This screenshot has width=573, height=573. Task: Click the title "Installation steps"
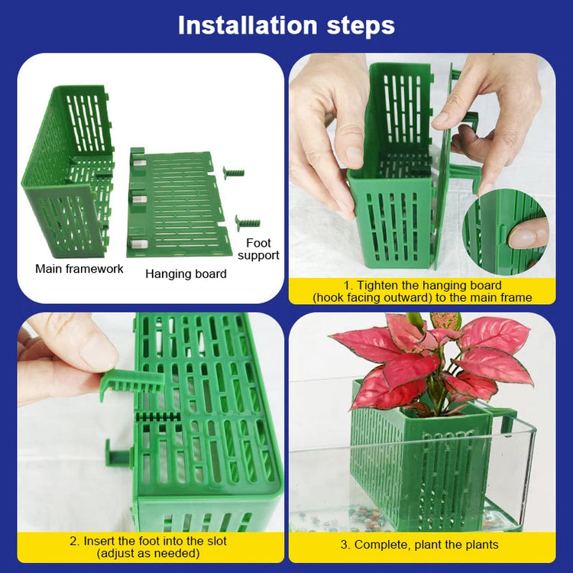tap(286, 25)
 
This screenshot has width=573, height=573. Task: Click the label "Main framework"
tap(79, 269)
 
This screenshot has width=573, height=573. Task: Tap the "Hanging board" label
tap(186, 274)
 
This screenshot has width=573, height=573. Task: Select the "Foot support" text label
tap(258, 249)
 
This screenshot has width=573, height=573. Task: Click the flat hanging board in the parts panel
tap(180, 203)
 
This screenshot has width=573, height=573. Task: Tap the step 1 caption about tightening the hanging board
tap(422, 291)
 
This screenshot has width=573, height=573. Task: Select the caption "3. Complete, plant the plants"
tap(419, 545)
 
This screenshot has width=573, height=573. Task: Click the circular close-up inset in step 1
tap(504, 231)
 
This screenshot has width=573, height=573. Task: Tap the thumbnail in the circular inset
tap(529, 234)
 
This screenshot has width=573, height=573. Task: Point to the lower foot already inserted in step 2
tap(118, 456)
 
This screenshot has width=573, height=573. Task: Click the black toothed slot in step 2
tap(157, 417)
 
